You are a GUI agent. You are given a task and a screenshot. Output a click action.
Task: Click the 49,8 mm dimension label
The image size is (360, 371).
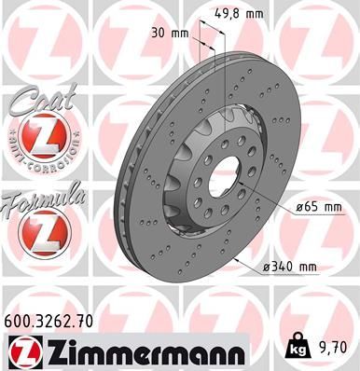click(x=243, y=15)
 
